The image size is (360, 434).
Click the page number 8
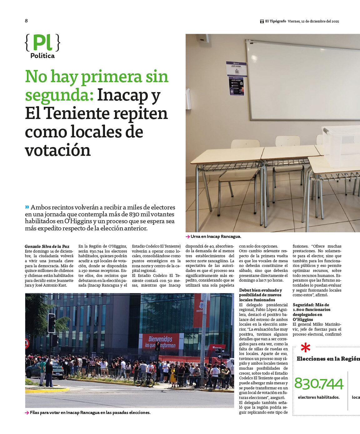(x=26, y=21)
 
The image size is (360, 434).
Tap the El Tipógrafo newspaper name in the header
(x=275, y=21)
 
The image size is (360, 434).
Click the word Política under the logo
(x=42, y=56)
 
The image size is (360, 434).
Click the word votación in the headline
(x=58, y=150)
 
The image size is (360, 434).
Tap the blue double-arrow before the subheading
(x=27, y=207)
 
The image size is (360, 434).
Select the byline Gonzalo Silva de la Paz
(x=47, y=246)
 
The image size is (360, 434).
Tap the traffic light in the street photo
(x=51, y=323)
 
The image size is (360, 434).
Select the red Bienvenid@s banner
(x=162, y=341)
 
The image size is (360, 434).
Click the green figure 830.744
(x=318, y=384)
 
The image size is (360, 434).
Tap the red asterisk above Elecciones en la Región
(x=305, y=348)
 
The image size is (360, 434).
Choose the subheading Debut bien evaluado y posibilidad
(x=261, y=295)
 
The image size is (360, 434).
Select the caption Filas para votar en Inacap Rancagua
(x=90, y=412)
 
